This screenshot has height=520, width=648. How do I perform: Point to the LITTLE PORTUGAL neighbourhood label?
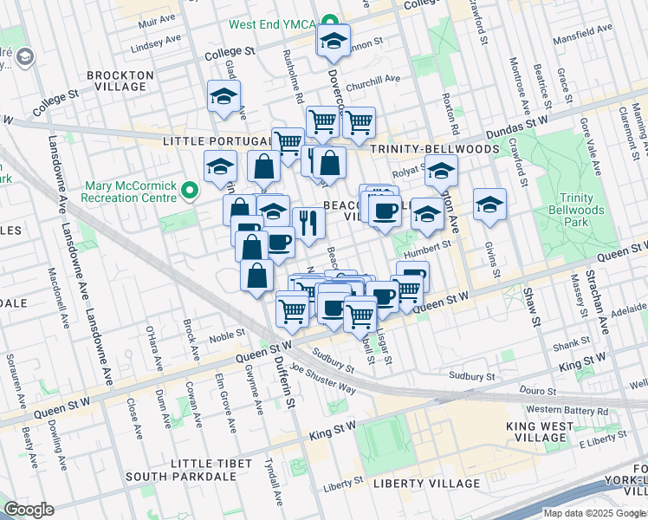point(217,141)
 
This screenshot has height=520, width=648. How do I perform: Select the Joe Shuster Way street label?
point(322,378)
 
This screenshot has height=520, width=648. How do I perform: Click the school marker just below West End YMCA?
point(333,41)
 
